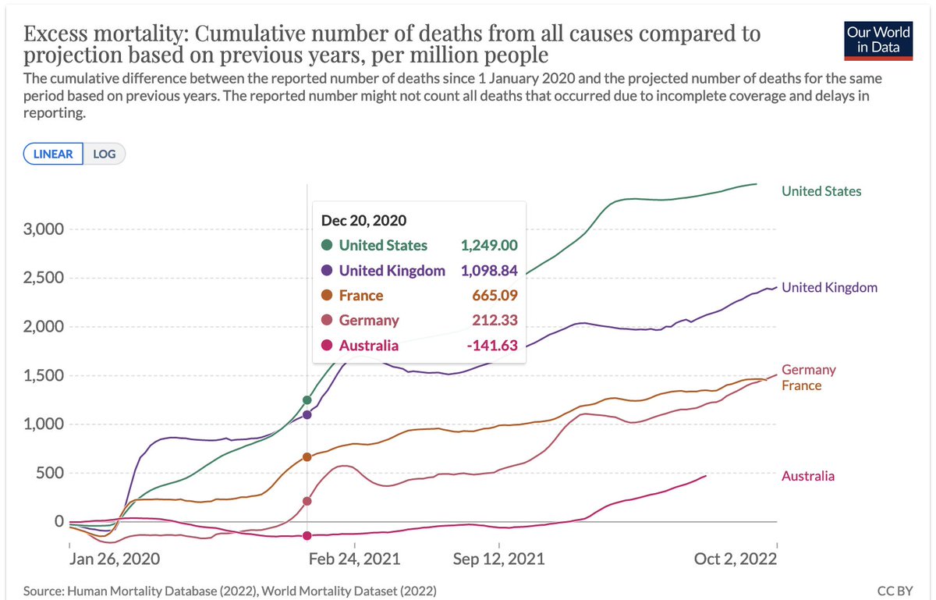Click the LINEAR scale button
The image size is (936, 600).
(x=53, y=154)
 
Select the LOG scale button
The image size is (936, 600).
(x=104, y=154)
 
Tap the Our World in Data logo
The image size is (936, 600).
(x=879, y=40)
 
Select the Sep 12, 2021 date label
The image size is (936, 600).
(x=498, y=559)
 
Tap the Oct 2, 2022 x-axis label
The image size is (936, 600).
(x=736, y=559)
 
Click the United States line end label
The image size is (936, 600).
(x=821, y=191)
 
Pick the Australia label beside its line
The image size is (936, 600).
(x=808, y=476)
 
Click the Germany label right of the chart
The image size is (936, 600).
(x=809, y=370)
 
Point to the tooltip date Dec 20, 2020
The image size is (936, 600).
(x=363, y=221)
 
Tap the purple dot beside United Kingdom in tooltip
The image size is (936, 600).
(x=327, y=271)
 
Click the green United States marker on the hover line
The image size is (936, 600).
(x=307, y=400)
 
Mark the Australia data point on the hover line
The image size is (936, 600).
(x=307, y=535)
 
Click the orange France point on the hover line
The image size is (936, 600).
(x=307, y=456)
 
